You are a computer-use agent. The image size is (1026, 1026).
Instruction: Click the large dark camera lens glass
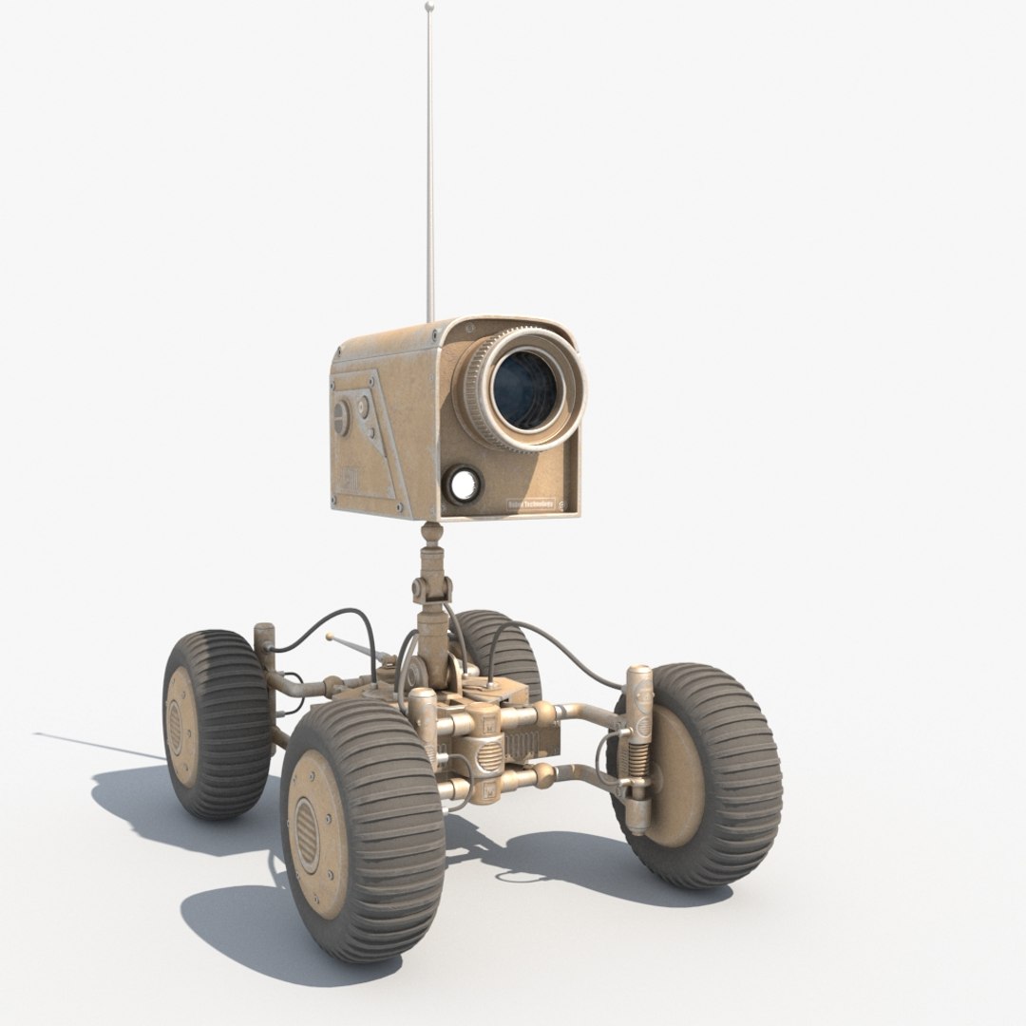(x=523, y=388)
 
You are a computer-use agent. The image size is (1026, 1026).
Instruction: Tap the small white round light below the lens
(x=465, y=484)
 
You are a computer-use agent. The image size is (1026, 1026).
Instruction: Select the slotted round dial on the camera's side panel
(x=340, y=416)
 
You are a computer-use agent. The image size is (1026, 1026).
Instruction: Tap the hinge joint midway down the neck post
(x=432, y=594)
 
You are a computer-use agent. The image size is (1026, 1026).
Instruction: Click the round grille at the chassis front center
(x=485, y=759)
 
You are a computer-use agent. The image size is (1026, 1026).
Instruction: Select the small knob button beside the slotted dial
(x=361, y=408)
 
